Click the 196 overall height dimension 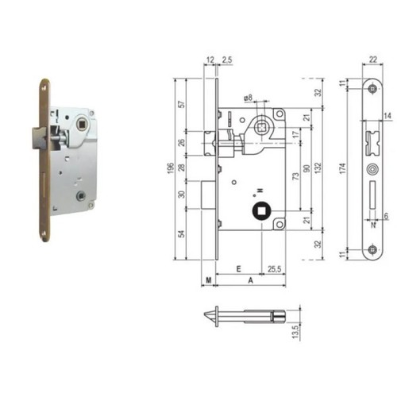[x=171, y=168]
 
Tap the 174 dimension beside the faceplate [x=342, y=168]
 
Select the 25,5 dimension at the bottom [x=274, y=269]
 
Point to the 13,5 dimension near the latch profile [x=295, y=332]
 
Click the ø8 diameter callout [x=248, y=98]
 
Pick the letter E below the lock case [x=238, y=269]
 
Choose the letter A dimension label [x=250, y=280]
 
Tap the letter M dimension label [x=209, y=280]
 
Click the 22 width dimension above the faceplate [x=373, y=60]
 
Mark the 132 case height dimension [x=318, y=168]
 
